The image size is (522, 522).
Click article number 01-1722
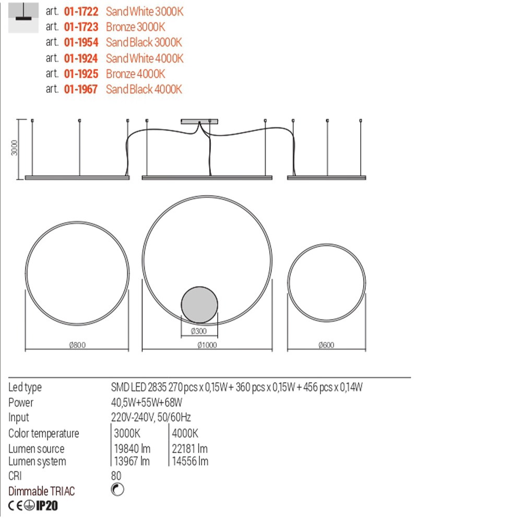pos(81,11)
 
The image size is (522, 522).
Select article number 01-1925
pos(81,74)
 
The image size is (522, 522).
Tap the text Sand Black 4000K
pos(144,89)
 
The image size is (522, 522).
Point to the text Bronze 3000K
pos(135,27)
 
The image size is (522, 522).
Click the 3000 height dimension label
pos(14,148)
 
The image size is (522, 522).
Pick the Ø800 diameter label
pos(77,345)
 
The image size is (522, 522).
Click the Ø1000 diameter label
pos(207,345)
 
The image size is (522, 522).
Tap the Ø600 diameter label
pos(326,345)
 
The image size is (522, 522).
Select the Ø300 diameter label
pos(199,331)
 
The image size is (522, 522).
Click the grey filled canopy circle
pos(199,305)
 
